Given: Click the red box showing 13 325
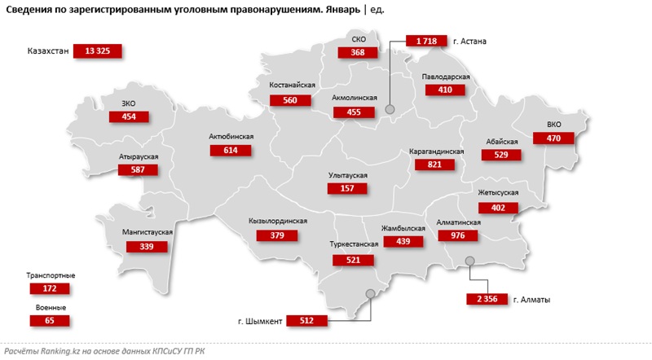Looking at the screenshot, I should tap(97, 51).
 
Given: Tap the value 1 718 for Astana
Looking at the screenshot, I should tap(428, 40).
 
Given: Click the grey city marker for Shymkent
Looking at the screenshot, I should tap(370, 293).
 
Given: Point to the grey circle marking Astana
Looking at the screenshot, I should tap(390, 108).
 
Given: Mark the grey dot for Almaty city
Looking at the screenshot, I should tap(469, 261).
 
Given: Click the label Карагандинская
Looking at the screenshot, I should tap(437, 151).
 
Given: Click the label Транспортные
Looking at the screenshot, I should tap(51, 276).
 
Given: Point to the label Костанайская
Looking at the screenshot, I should tap(292, 85).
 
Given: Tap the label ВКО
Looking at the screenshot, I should tap(554, 125).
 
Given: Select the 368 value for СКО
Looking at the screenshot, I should tap(358, 52).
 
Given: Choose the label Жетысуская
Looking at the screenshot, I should tap(498, 194).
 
